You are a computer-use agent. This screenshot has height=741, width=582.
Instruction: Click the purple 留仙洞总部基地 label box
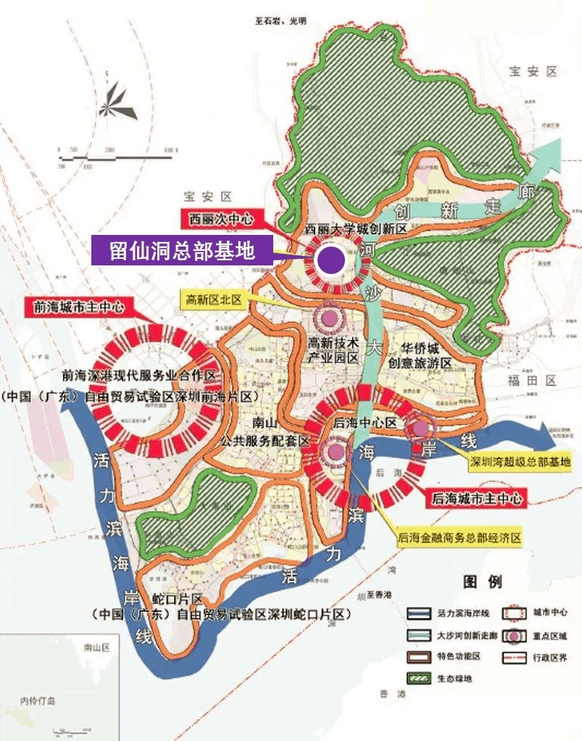pyautogui.click(x=182, y=251)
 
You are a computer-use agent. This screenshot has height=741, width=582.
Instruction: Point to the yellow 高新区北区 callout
pyautogui.click(x=214, y=299)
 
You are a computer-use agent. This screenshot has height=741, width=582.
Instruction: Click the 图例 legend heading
pyautogui.click(x=482, y=581)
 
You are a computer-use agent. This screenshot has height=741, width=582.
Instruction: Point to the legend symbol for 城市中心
pyautogui.click(x=512, y=612)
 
